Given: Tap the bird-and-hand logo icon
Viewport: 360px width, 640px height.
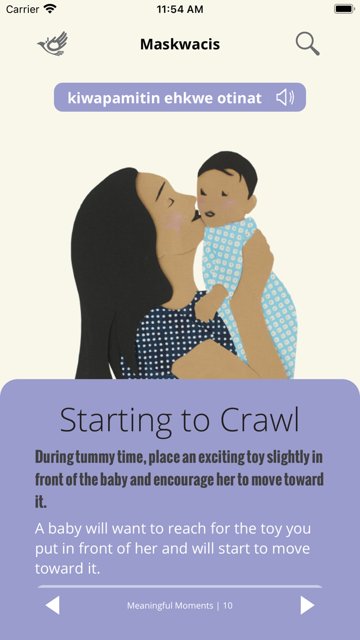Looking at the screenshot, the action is [52, 43].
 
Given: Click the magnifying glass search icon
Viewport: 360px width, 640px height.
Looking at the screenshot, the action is [308, 43].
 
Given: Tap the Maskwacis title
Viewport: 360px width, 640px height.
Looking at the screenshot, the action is [180, 44].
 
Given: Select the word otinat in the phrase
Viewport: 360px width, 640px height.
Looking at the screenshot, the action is [239, 98].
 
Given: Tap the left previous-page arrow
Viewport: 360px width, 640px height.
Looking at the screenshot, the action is [52, 605].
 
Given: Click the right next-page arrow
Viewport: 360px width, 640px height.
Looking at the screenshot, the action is [308, 605].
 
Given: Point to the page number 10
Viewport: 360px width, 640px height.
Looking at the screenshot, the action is [228, 606].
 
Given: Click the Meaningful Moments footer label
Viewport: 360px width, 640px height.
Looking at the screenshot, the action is [170, 606].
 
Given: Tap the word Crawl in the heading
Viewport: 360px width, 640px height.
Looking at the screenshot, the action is [259, 420].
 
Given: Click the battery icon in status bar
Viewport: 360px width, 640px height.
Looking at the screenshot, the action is [345, 9].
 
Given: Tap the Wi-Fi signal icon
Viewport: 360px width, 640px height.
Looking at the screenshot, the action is [50, 9].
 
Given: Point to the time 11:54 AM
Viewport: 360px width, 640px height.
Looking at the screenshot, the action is [180, 9].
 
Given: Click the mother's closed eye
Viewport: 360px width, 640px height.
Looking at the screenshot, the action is [170, 202].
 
